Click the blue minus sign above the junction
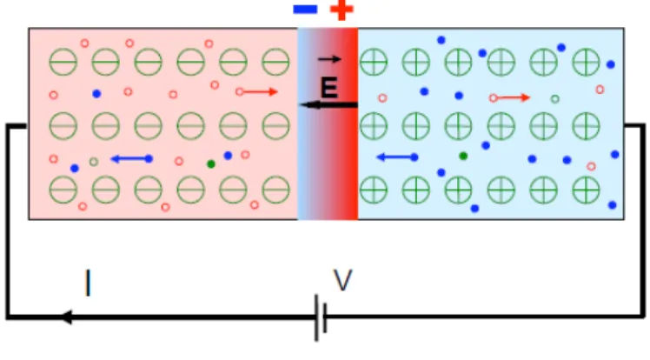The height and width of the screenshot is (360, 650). click(305, 9)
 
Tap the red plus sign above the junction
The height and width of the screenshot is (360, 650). click(342, 10)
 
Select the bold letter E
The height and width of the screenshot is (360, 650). click(329, 88)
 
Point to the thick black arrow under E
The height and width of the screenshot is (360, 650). click(328, 104)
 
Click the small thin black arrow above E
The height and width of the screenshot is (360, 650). click(329, 59)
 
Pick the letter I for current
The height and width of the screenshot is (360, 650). click(88, 283)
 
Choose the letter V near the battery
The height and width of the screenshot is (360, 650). click(343, 280)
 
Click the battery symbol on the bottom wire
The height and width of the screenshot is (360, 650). click(321, 317)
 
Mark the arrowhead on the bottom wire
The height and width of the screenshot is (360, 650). click(67, 317)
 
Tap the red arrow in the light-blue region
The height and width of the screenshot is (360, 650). click(510, 98)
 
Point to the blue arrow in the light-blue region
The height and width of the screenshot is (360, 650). click(397, 157)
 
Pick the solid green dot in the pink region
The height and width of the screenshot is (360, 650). click(211, 164)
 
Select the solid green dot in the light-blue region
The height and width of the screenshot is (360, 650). click(463, 156)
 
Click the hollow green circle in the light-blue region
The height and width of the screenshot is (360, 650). click(555, 99)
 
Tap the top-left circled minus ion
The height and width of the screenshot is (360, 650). click(63, 62)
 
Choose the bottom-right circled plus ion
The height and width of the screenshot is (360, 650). click(586, 190)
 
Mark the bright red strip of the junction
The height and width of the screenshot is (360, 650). click(350, 123)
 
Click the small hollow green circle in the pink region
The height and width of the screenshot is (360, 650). click(94, 162)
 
